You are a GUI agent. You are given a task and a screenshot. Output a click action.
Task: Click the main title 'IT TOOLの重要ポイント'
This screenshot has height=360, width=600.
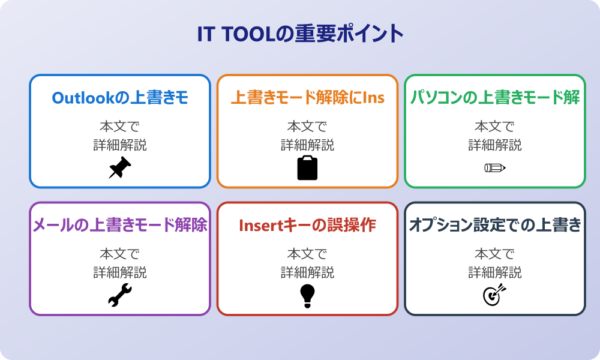pos(300,34)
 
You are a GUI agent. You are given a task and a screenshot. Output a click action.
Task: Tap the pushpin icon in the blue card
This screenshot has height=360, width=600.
pos(120,167)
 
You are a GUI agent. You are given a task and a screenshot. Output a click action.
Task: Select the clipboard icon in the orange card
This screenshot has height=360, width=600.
pos(307,167)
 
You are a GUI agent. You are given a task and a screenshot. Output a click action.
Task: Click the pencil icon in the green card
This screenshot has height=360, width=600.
pos(494,167)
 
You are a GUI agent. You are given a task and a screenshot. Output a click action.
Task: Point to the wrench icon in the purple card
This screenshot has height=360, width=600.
pos(120,295)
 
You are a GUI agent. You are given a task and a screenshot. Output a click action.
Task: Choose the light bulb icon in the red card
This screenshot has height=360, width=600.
pos(307,295)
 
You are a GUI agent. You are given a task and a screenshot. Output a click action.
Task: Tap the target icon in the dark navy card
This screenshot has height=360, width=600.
pos(494,295)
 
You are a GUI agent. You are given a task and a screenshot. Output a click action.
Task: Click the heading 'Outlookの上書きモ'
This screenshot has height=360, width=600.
pos(120,98)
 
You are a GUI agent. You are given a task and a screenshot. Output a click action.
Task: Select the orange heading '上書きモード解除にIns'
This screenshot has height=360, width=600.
pos(307,98)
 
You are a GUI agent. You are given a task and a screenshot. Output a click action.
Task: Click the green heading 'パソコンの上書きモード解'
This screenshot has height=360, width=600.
pos(494,98)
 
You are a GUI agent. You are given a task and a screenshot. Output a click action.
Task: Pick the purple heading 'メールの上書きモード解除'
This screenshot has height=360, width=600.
pos(120,226)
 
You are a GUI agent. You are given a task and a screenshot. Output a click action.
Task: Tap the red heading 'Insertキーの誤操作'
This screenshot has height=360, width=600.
pos(307,226)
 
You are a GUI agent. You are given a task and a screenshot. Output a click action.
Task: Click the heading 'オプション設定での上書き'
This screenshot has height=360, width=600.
pos(494,226)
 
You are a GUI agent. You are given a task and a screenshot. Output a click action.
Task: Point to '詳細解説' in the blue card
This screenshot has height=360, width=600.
pos(120,145)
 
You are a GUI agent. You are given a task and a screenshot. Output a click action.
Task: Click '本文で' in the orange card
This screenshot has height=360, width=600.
pos(307,127)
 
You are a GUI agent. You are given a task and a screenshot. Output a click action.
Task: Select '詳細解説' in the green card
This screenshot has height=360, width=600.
pos(494,145)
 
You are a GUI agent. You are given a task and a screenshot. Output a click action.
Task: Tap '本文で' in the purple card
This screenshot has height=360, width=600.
pos(120,254)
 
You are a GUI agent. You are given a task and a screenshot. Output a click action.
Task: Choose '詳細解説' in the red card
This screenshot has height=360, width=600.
pos(307,272)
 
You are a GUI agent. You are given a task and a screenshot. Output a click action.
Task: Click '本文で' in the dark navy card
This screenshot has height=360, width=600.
pos(494,254)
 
